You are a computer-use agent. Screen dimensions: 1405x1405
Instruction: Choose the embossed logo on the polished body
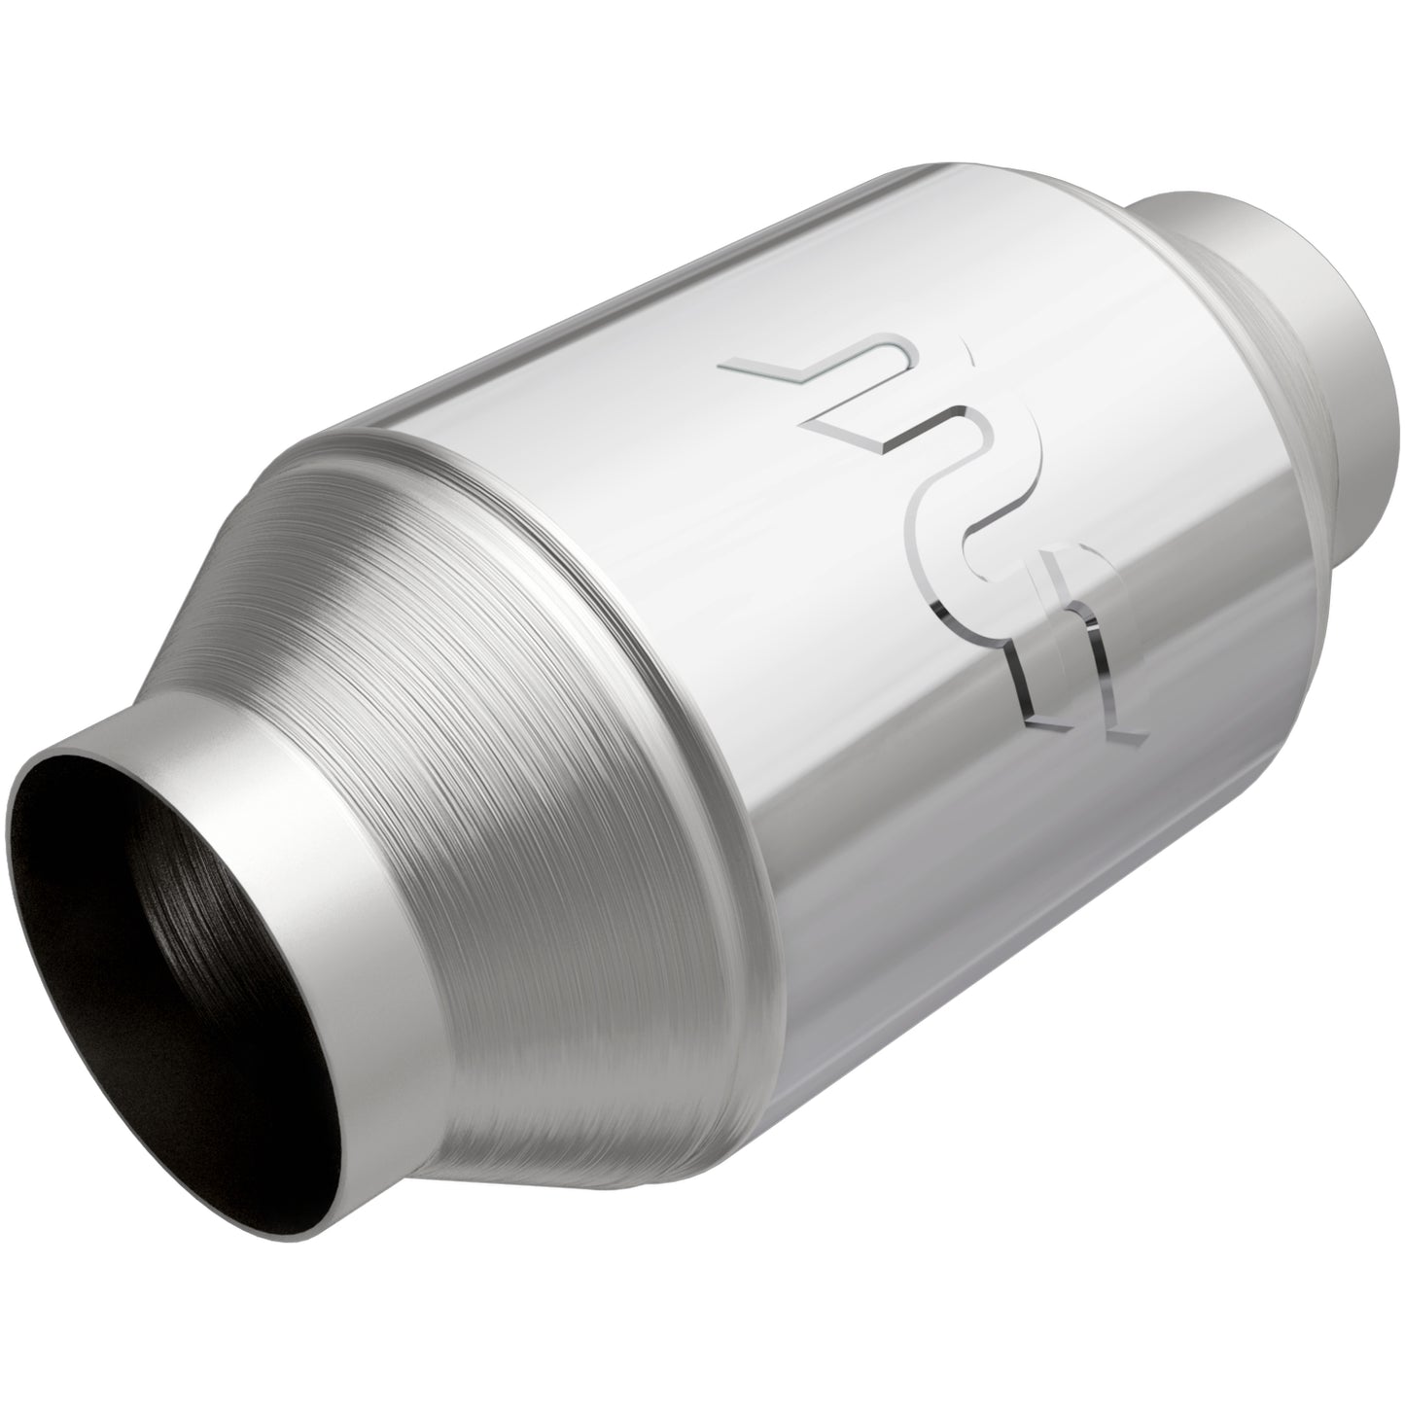933,544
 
